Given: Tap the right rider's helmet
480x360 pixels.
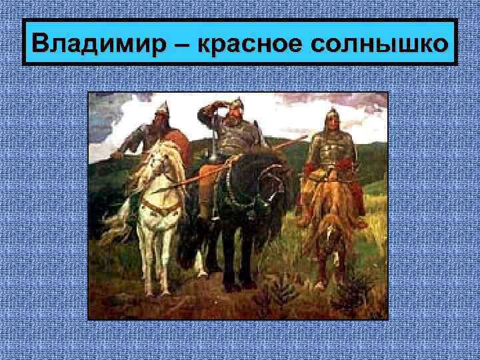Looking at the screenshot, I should [332, 120].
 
